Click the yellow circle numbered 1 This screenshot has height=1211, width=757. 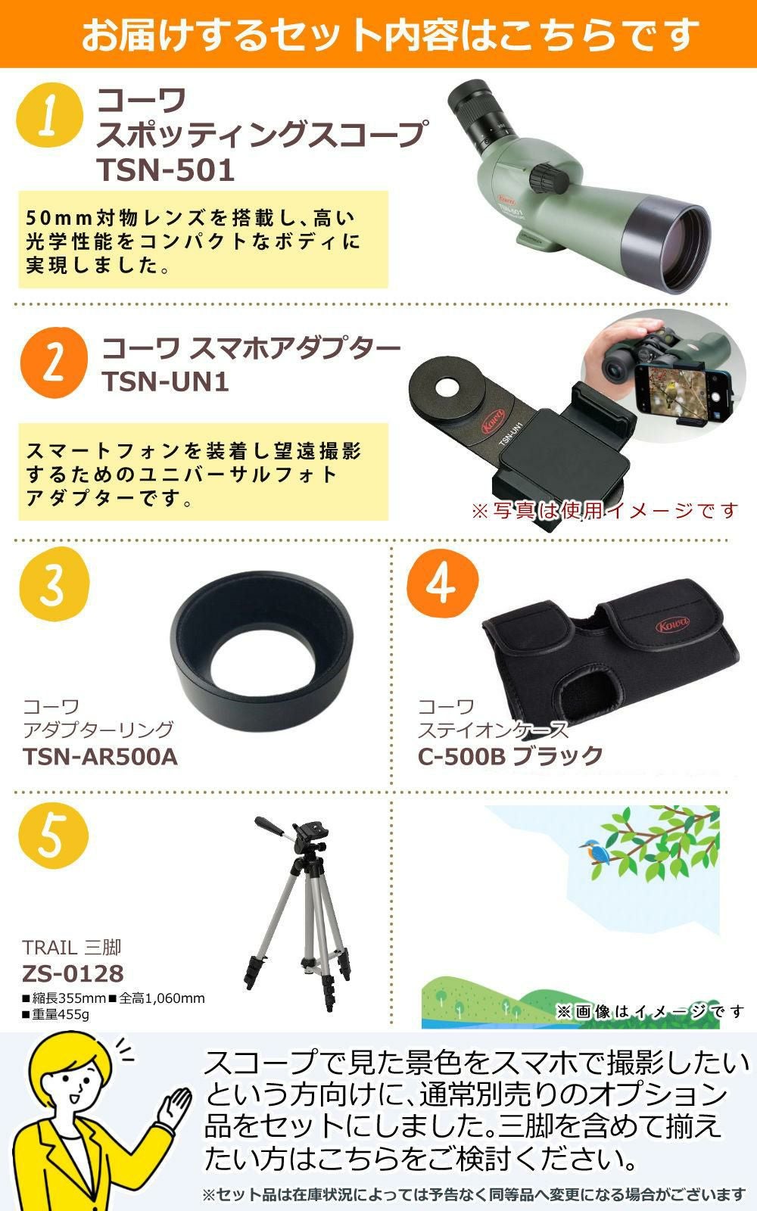[50, 115]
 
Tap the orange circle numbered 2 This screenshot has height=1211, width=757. [54, 363]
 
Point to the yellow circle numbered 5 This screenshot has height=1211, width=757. [53, 836]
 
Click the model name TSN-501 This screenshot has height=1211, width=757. [166, 170]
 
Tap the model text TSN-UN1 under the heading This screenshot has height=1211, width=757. [166, 381]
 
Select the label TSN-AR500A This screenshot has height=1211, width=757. [100, 757]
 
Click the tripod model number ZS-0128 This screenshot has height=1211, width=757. [73, 973]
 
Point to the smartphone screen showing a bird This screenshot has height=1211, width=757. [678, 387]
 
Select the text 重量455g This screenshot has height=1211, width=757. [55, 1014]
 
